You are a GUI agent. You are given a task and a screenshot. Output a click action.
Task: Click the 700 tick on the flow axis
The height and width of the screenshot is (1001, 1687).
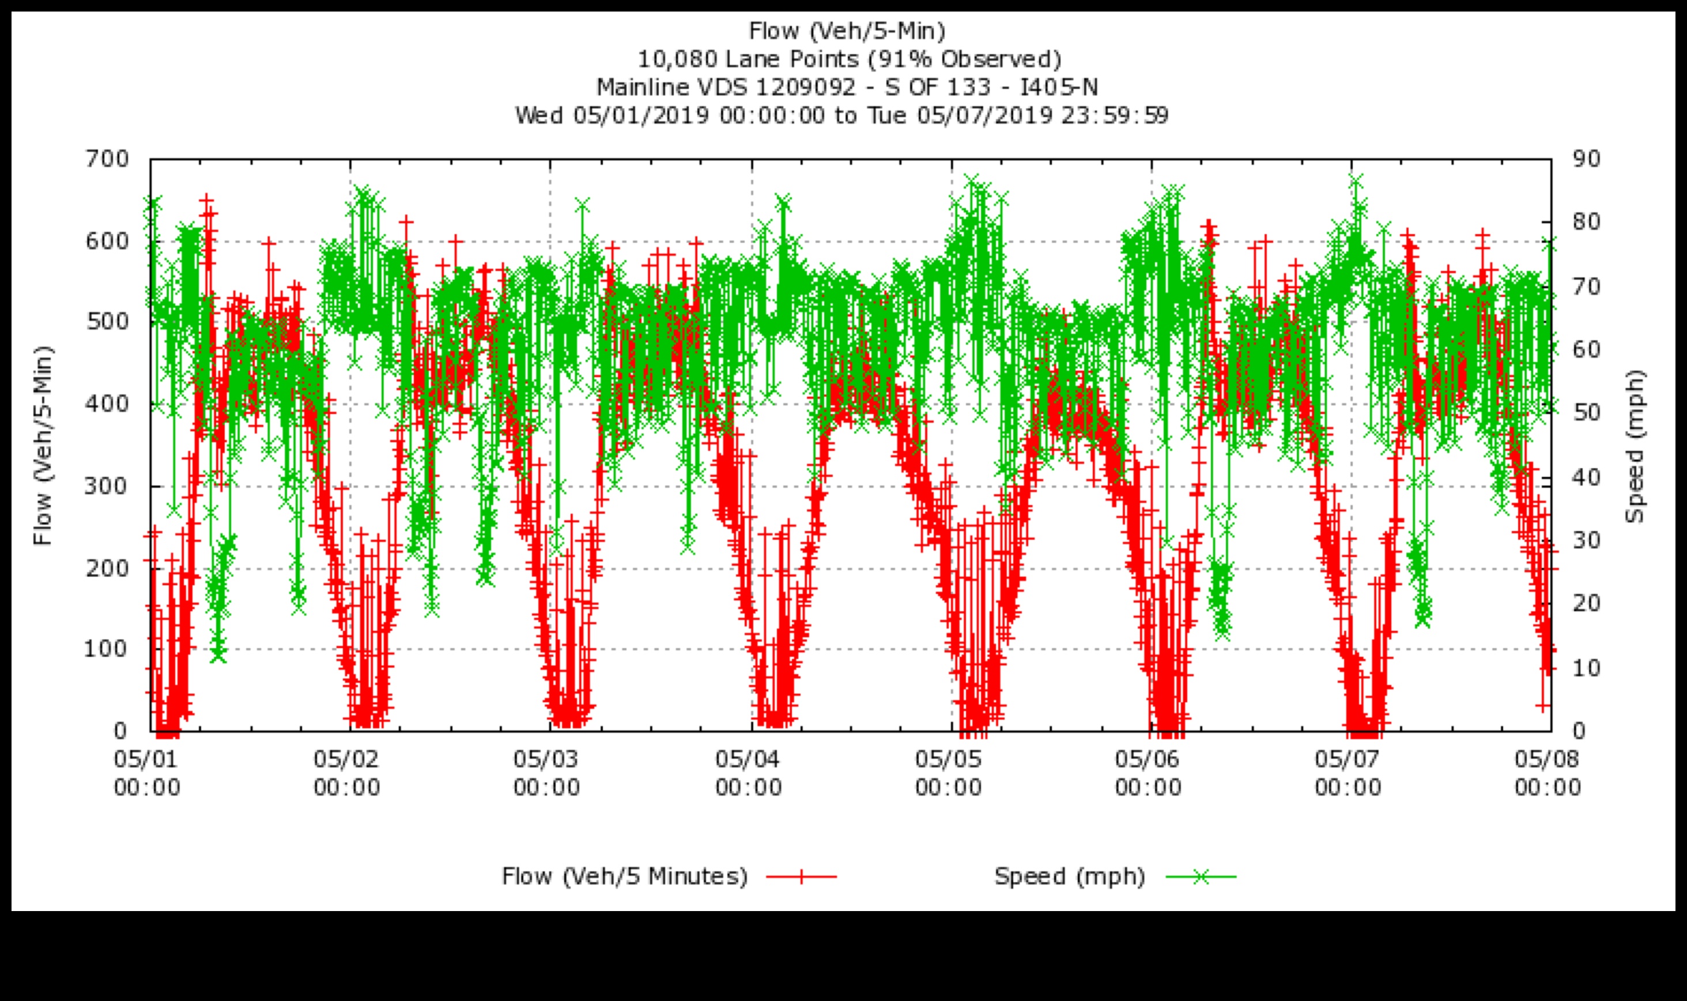pos(107,160)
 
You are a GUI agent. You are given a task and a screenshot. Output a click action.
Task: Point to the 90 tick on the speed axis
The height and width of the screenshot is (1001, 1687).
pos(1586,160)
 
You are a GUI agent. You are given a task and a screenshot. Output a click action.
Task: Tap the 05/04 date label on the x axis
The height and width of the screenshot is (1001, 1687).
pos(748,759)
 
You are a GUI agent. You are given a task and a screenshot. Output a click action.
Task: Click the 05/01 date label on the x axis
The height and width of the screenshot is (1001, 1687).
pos(146,759)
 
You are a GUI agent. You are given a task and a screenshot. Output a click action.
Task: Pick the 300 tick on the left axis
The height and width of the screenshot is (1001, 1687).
pos(107,486)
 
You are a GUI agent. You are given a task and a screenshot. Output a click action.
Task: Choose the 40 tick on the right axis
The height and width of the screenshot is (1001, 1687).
pos(1586,477)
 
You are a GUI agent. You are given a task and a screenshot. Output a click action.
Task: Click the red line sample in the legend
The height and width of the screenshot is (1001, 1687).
pos(802,877)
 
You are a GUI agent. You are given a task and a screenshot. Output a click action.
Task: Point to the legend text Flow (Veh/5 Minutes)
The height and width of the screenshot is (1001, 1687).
pos(624,877)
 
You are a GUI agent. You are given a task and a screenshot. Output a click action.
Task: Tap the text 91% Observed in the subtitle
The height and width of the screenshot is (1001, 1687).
pos(964,59)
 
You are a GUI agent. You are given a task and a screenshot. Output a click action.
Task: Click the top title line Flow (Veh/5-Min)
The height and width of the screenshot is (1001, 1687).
pos(847,31)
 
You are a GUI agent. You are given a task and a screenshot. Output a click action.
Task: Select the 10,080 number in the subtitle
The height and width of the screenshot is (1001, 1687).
pos(678,59)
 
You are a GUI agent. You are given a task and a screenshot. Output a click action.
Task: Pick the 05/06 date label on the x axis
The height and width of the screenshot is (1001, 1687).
pos(1148,759)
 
